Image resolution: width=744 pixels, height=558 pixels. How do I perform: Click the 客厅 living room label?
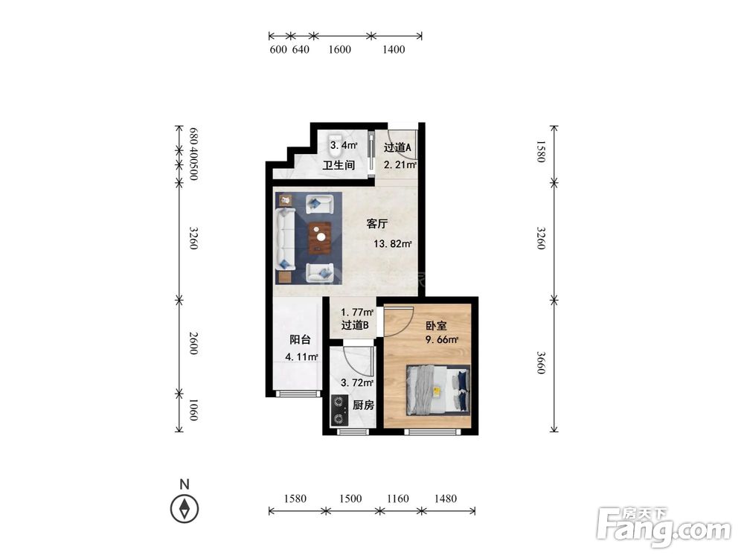click(377, 223)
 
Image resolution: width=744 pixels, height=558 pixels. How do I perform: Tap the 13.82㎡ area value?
click(392, 244)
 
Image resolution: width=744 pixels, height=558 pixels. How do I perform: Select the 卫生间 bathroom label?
click(339, 165)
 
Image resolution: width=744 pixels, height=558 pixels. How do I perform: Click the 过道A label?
click(397, 147)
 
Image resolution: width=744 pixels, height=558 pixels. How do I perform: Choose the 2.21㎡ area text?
click(400, 165)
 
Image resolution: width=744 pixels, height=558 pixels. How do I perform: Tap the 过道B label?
click(355, 325)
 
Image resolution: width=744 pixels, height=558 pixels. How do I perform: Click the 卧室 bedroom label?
click(435, 326)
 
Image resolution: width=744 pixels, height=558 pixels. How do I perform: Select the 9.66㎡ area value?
click(441, 340)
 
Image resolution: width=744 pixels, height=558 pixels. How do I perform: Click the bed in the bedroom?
click(438, 390)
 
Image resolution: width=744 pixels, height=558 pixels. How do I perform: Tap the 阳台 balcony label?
click(301, 340)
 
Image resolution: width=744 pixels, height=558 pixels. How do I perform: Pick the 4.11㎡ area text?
click(301, 357)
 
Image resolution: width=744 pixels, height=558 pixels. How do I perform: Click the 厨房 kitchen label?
click(364, 405)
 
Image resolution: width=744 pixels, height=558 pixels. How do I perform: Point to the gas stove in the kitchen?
click(339, 410)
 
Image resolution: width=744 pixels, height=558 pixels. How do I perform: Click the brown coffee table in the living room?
click(320, 238)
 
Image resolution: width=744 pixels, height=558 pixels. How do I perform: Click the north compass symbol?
click(185, 509)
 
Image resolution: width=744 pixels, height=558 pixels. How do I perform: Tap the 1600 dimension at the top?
click(340, 49)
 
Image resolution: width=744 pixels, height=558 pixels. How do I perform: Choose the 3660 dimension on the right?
click(541, 362)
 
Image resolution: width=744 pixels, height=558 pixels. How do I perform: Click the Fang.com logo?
click(664, 527)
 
